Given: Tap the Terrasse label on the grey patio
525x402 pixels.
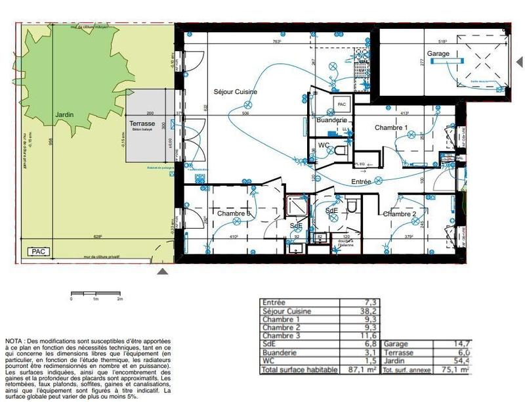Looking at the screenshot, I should click(142, 123).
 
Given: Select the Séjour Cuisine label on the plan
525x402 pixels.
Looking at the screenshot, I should click(234, 92).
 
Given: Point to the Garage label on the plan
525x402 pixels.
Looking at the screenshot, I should click(438, 53).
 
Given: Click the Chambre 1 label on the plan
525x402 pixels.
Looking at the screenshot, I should click(391, 127).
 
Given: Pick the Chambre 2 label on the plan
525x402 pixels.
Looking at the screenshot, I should click(400, 214).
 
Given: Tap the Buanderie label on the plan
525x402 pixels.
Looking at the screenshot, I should click(331, 121).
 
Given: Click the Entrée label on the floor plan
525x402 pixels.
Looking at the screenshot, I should click(361, 181).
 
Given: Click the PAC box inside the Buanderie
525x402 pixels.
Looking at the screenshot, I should click(341, 104).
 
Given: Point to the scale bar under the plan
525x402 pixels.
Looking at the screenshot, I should click(96, 292).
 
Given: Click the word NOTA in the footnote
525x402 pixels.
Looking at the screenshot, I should click(14, 342).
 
